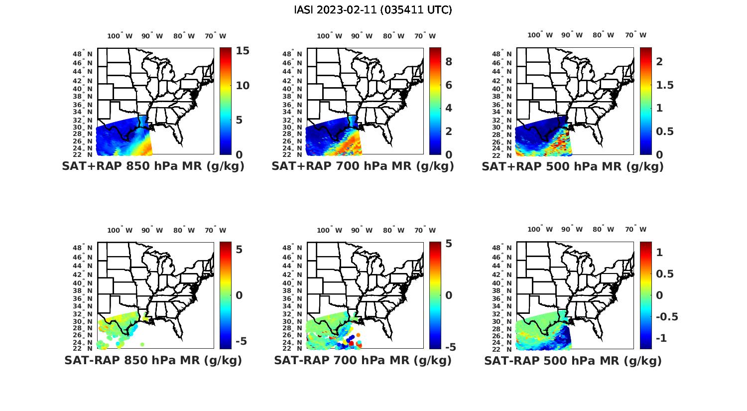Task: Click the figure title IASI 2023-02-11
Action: click(373, 10)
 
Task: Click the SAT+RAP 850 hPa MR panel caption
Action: click(153, 166)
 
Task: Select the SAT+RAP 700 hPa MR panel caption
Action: click(363, 166)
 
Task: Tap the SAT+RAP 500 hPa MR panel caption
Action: click(572, 166)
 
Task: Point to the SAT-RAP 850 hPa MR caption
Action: click(153, 360)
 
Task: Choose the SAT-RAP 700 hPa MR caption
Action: click(363, 360)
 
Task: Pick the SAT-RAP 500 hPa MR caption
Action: click(573, 360)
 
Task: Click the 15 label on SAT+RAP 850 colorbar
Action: click(243, 51)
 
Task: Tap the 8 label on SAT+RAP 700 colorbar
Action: click(448, 62)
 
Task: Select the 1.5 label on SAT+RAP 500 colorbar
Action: click(664, 85)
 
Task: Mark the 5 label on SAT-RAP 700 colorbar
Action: click(448, 244)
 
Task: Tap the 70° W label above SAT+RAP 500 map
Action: click(635, 35)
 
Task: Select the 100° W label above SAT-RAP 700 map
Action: click(329, 230)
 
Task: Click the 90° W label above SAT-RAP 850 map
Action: click(152, 230)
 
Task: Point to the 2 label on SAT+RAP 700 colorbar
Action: click(448, 132)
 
